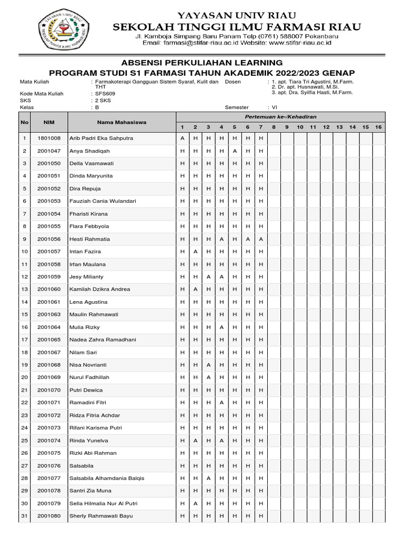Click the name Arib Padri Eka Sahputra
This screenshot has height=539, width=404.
click(102, 138)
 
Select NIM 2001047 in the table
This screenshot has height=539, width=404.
click(49, 151)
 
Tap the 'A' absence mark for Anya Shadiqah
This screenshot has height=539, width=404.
click(234, 151)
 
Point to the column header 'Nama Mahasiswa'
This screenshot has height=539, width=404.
click(122, 122)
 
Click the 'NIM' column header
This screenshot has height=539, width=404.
click(49, 122)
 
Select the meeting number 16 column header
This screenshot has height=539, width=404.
click(378, 127)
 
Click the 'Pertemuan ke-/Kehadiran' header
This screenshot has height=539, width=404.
click(280, 116)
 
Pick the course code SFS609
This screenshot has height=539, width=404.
click(104, 94)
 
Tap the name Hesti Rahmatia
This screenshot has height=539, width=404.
click(90, 239)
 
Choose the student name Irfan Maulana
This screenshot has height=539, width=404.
click(88, 264)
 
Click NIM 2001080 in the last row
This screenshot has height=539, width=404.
click(49, 516)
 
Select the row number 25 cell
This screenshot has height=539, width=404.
click(24, 441)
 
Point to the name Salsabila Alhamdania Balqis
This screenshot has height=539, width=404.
click(107, 478)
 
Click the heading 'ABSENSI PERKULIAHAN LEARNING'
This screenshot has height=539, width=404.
click(202, 63)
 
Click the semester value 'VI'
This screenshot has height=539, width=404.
click(274, 107)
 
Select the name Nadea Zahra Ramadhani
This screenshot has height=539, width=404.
click(103, 340)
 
